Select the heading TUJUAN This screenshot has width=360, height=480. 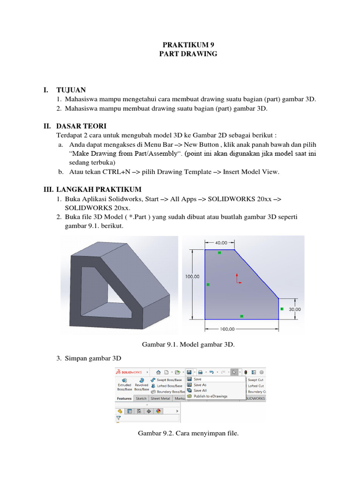(71, 90)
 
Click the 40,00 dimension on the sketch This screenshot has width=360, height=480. (221, 243)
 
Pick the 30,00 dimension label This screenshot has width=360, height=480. (295, 309)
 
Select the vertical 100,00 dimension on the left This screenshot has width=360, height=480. (192, 277)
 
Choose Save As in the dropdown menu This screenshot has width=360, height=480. (200, 385)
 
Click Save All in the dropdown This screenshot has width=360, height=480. (200, 390)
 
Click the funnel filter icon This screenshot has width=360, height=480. (120, 417)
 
